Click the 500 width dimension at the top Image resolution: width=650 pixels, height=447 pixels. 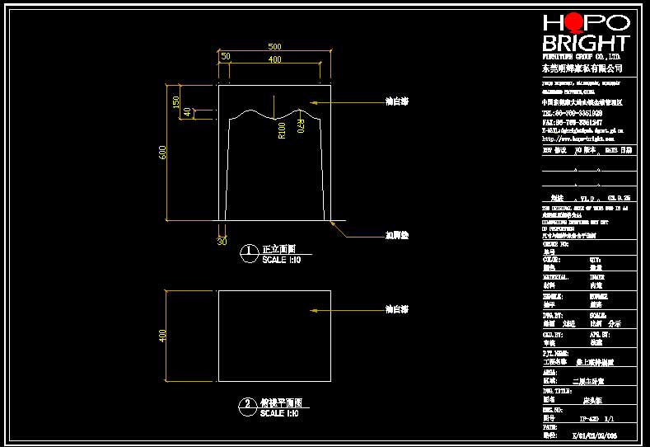[274, 47]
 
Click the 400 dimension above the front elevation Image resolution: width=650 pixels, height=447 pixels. [274, 60]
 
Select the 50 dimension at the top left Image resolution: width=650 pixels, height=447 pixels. [225, 56]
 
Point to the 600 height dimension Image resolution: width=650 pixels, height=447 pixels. [163, 153]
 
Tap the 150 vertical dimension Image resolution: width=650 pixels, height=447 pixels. [175, 102]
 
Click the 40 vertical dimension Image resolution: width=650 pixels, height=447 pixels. [187, 112]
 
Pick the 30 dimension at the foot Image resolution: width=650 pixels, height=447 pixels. [222, 242]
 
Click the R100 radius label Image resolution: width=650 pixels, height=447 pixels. [282, 129]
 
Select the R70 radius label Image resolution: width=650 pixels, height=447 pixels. [302, 126]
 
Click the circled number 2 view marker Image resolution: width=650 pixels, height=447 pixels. [247, 405]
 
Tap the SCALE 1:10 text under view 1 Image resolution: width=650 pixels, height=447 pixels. [279, 260]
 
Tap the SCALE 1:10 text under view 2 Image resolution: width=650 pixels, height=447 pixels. [278, 413]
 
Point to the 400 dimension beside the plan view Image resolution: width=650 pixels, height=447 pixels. [162, 335]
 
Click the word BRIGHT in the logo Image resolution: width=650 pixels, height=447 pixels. [585, 43]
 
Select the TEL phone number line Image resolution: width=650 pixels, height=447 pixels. [571, 113]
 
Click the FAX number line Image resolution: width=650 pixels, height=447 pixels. [571, 122]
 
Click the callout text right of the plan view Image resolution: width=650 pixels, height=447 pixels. [397, 309]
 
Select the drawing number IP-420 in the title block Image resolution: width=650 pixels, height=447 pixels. [585, 418]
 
